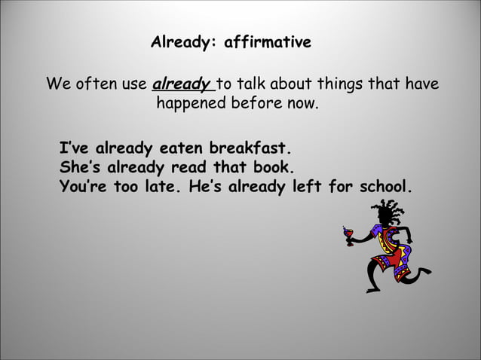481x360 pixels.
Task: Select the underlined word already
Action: (182, 84)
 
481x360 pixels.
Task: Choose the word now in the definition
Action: (303, 103)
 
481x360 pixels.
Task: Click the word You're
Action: (84, 186)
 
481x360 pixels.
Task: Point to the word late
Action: (164, 186)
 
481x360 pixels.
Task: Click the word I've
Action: (75, 148)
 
